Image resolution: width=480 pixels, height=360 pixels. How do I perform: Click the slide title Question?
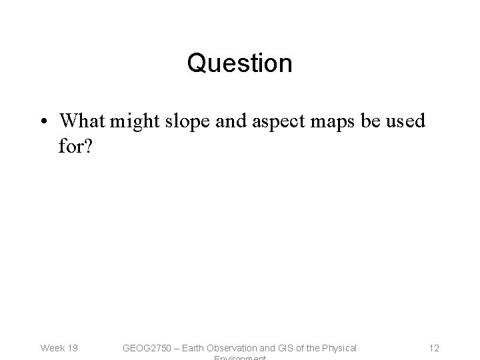[239, 63]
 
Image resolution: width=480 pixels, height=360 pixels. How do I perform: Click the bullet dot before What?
[43, 122]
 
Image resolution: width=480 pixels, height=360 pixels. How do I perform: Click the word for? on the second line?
[75, 145]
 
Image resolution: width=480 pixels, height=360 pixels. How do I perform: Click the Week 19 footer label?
[59, 347]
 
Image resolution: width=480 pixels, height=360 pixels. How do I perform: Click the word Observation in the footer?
[239, 347]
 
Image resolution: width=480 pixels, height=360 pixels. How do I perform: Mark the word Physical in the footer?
[339, 347]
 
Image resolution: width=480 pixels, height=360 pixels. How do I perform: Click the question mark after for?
[88, 145]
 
